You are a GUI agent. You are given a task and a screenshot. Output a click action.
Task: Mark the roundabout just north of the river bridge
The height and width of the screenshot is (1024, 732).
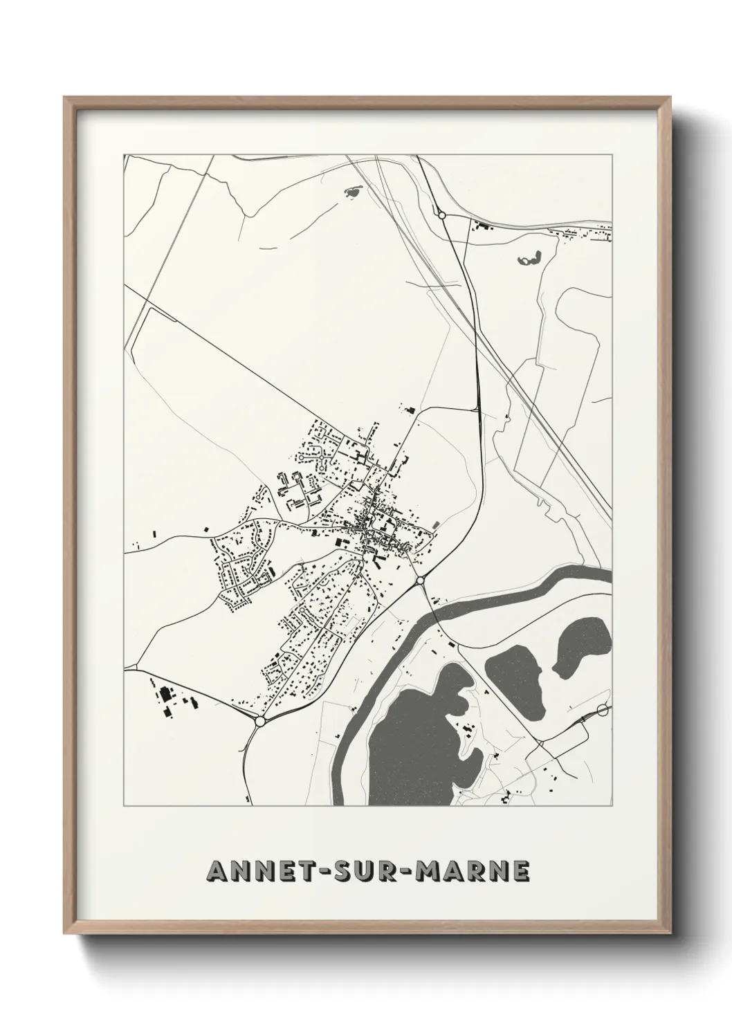[x=420, y=580]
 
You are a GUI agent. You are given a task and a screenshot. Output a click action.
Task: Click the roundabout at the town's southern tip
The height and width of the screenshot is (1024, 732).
[x=260, y=721]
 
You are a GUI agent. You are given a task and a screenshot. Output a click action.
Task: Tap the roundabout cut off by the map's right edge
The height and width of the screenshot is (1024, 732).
[x=603, y=710]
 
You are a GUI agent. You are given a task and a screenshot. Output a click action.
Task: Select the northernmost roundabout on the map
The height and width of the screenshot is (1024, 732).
[x=441, y=216]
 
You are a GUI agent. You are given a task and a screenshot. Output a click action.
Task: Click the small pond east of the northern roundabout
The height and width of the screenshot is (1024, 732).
[x=531, y=259]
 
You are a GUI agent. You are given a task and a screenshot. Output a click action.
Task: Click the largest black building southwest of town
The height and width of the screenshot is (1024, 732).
[x=165, y=694]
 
